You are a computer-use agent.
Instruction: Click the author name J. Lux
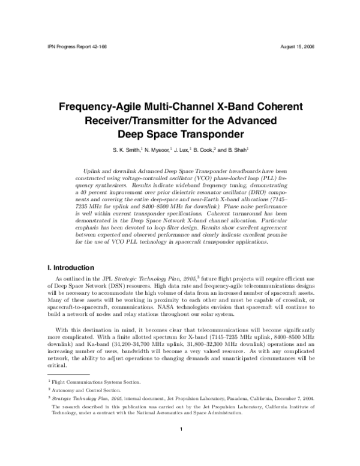coord(182,150)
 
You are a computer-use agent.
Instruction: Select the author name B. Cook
coord(205,150)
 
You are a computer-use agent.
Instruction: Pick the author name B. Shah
coord(238,150)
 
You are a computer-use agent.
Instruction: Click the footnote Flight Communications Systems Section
coord(97,382)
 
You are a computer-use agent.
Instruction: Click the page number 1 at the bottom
coord(180,429)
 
